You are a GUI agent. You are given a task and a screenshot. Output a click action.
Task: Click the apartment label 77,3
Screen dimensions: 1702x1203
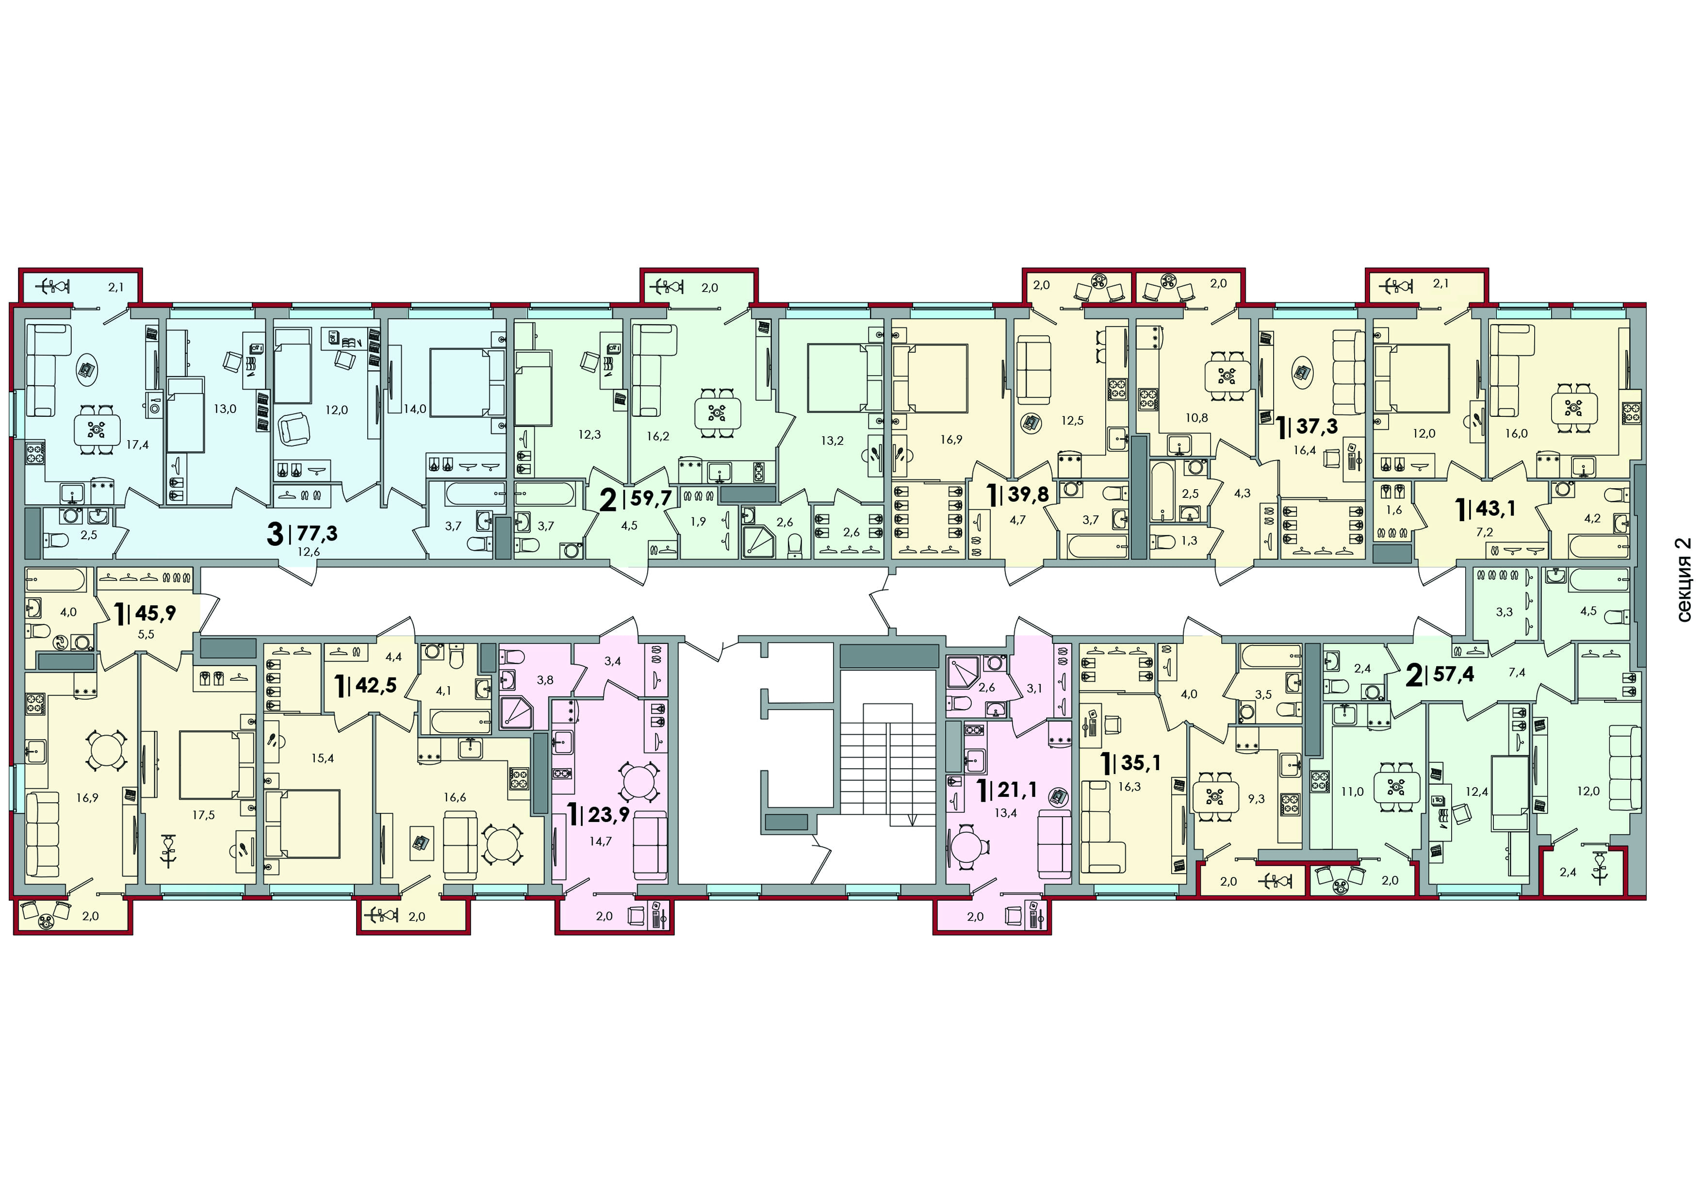click(317, 532)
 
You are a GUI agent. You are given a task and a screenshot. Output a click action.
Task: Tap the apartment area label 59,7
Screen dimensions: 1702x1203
click(651, 497)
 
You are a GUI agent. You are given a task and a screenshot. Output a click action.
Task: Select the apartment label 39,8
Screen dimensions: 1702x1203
click(1028, 493)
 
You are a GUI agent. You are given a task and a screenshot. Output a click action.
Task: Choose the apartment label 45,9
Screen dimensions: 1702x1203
click(156, 612)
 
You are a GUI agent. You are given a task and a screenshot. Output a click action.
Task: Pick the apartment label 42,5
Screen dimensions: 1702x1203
click(376, 684)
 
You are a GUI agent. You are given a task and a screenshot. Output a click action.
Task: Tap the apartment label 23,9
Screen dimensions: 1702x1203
click(608, 815)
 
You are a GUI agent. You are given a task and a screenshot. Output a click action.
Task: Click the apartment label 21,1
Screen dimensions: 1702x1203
click(1016, 790)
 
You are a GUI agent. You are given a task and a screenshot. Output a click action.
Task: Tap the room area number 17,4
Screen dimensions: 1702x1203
click(137, 445)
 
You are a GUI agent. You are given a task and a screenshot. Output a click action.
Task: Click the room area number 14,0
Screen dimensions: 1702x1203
click(415, 409)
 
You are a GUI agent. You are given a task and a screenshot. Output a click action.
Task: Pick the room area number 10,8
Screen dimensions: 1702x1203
click(1196, 417)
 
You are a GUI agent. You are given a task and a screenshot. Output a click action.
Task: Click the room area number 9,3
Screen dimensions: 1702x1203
click(1257, 799)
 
